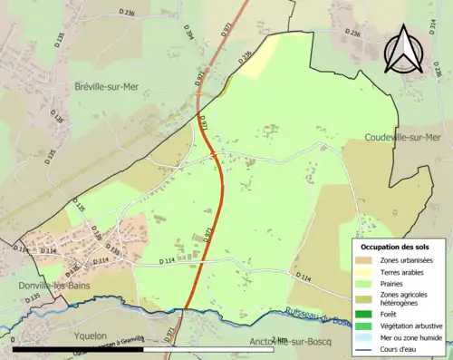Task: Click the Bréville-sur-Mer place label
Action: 111,86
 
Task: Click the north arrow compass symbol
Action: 404,51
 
